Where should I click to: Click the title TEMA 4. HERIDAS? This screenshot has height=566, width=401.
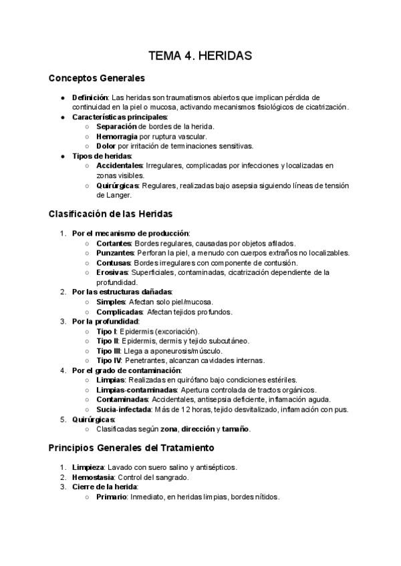[x=200, y=56]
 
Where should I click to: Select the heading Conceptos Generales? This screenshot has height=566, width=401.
[x=96, y=79]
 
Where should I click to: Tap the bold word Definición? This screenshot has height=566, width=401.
[x=90, y=97]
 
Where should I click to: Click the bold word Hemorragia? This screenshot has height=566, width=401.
[x=116, y=136]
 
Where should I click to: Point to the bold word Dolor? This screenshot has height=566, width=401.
[x=107, y=146]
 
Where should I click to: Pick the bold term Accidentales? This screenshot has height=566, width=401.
[x=120, y=166]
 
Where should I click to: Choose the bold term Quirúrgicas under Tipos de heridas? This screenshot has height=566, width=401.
[x=118, y=186]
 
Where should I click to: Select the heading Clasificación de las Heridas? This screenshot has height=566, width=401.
[x=111, y=214]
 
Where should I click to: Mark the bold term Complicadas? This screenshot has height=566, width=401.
[x=120, y=312]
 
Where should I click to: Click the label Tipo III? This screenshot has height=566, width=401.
[x=108, y=350]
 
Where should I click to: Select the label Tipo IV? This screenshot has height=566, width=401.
[x=108, y=360]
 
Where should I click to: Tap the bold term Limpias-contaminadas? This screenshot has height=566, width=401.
[x=136, y=390]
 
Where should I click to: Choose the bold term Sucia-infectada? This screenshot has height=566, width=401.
[x=123, y=409]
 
